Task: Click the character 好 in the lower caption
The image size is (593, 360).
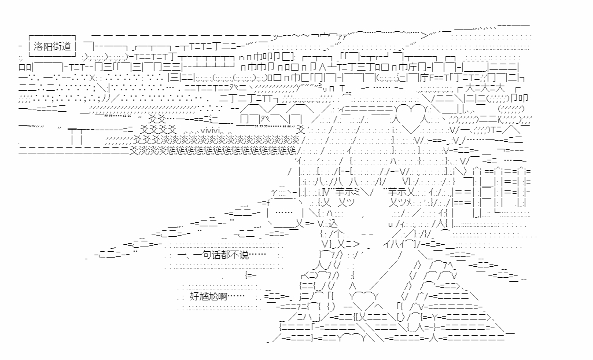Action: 194,296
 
